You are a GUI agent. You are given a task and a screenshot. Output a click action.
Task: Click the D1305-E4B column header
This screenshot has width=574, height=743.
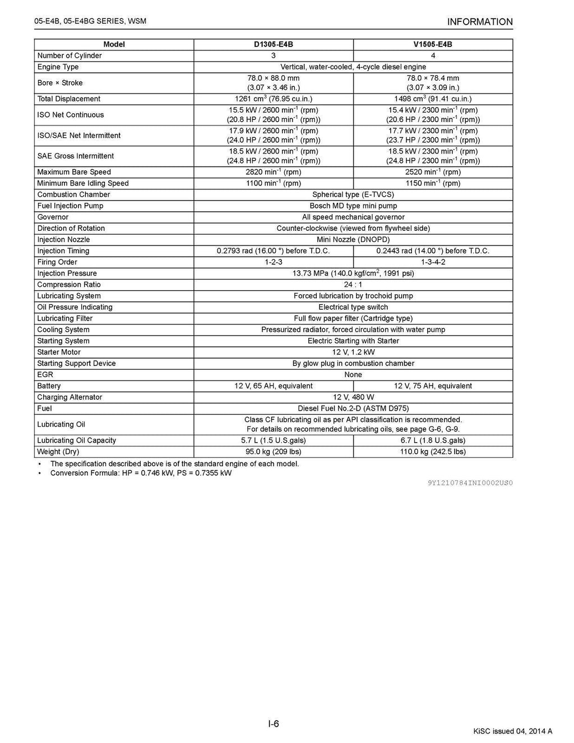tap(274, 44)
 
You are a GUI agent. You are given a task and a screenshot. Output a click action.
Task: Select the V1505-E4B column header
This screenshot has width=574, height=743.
tap(433, 44)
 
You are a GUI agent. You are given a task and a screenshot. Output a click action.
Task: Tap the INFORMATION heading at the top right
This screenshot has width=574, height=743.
tap(480, 22)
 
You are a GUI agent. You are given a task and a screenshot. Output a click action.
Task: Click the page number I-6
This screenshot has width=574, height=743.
tap(274, 724)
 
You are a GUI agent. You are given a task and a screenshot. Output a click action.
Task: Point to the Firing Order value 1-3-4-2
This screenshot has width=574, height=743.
tap(433, 262)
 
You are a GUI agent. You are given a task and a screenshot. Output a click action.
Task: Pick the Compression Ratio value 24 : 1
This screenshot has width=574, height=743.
tap(353, 285)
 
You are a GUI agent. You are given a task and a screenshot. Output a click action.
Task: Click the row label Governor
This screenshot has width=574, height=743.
tap(53, 217)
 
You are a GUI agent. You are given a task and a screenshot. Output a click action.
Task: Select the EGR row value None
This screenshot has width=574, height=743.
tap(353, 375)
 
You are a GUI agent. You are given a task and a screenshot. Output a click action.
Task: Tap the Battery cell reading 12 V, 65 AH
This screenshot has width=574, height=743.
tap(274, 386)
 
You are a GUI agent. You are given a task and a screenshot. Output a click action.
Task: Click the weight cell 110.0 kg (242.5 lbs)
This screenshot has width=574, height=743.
tap(433, 452)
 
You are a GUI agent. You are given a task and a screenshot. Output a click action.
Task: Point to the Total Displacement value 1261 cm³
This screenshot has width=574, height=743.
tap(274, 99)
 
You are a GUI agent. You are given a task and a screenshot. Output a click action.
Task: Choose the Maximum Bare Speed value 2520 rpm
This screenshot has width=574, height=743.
tap(433, 172)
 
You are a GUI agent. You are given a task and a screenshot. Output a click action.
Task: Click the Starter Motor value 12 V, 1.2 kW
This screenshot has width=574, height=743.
tap(353, 352)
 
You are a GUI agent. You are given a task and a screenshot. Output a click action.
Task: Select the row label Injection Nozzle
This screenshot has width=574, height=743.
tap(63, 240)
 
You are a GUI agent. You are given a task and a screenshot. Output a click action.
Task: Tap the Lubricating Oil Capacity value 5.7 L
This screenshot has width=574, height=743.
tap(274, 440)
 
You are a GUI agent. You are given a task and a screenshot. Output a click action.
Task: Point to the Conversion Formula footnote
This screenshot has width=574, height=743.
tap(141, 473)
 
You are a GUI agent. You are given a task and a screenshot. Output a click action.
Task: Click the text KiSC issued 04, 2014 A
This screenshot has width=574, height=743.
tap(513, 731)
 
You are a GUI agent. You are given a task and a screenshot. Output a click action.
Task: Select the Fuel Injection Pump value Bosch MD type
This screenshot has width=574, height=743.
tap(353, 206)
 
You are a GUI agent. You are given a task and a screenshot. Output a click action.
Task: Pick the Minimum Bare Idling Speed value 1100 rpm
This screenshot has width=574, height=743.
tap(274, 183)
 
